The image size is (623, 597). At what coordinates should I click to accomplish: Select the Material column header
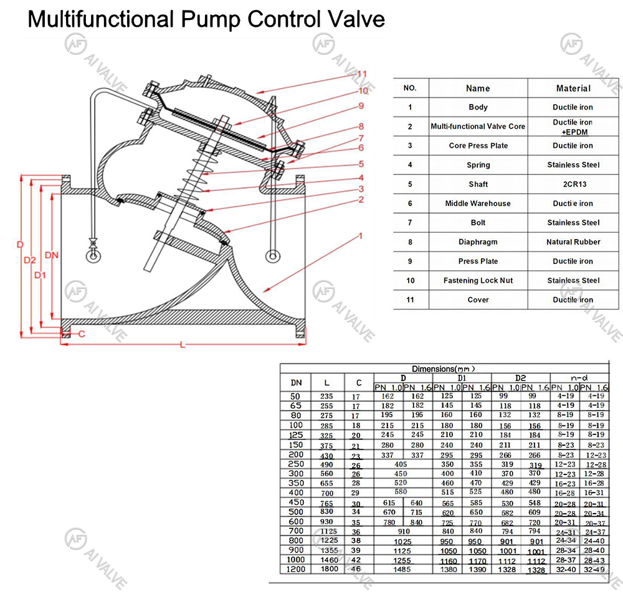coord(573,88)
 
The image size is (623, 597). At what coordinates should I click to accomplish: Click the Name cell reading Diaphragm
coord(478,242)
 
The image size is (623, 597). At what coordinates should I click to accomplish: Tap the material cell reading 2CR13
coord(573,184)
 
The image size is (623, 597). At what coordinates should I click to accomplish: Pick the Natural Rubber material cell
coord(573,242)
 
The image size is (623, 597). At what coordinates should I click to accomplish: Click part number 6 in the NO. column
coord(410,204)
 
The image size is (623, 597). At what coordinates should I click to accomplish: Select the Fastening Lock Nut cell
coord(478,281)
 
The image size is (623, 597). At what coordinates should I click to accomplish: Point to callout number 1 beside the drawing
coord(359,236)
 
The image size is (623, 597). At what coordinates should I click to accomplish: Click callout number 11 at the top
coord(361,73)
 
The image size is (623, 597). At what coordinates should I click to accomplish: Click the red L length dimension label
coord(181,344)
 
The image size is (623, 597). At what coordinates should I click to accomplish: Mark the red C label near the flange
coord(80,334)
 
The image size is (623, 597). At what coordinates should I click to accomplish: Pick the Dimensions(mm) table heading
coord(443,369)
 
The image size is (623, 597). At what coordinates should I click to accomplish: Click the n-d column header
coord(579,378)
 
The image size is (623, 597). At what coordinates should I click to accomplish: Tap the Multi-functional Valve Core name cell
coord(478,126)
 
